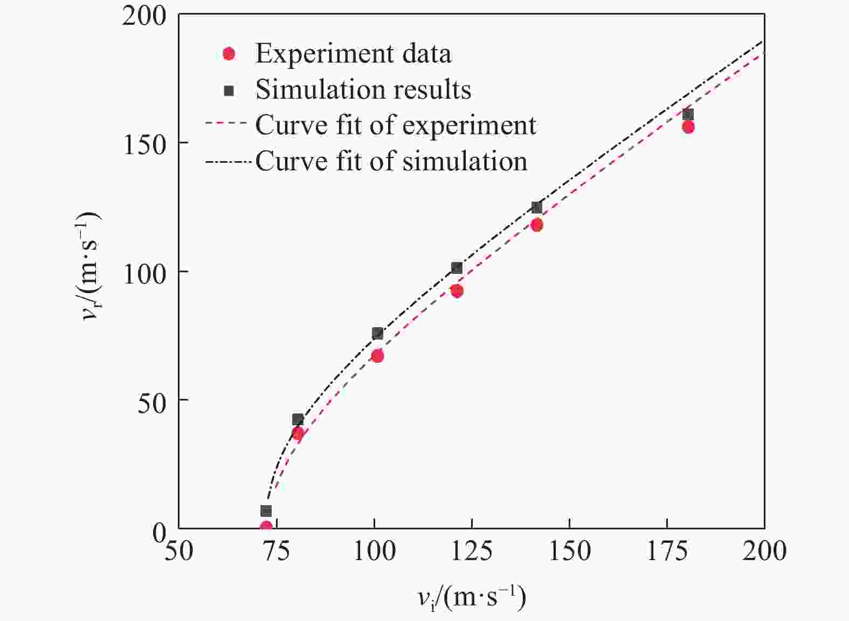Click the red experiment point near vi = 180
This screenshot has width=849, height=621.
tap(688, 127)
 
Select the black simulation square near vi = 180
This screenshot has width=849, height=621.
tap(688, 114)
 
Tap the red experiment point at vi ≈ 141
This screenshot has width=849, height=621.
tap(536, 225)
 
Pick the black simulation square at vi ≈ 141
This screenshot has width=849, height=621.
tap(536, 208)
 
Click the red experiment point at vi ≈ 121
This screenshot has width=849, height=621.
tap(457, 291)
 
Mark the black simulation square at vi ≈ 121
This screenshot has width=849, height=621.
tap(457, 268)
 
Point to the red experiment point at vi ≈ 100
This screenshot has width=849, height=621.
tap(377, 356)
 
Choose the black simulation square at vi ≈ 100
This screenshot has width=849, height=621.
tap(377, 333)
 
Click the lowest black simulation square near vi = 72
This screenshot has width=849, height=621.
tap(266, 510)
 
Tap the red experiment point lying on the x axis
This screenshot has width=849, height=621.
tap(266, 527)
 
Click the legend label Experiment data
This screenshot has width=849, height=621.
tap(353, 53)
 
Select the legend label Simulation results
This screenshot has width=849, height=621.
tap(363, 89)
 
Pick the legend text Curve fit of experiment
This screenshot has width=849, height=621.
tap(396, 125)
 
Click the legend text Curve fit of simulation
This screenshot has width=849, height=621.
tap(391, 161)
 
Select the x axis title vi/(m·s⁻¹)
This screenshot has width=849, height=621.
tap(471, 597)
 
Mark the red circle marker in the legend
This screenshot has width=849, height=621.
tap(229, 53)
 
